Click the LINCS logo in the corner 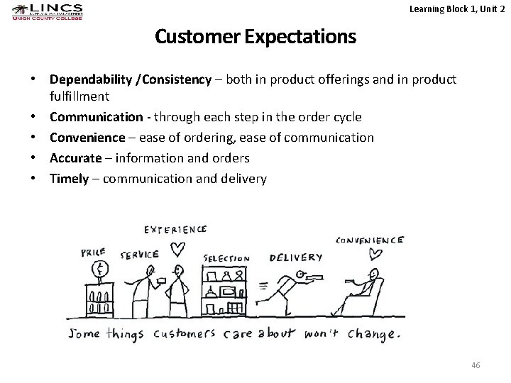(x=48, y=12)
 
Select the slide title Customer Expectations (x=255, y=36)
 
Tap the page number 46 (x=476, y=365)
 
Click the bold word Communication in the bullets (x=96, y=116)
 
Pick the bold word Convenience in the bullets (x=90, y=137)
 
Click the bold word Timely (x=70, y=179)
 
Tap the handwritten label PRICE (x=94, y=251)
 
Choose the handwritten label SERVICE (x=139, y=254)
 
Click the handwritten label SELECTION (x=226, y=258)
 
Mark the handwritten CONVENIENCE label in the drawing (x=370, y=240)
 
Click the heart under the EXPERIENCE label (x=177, y=248)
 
